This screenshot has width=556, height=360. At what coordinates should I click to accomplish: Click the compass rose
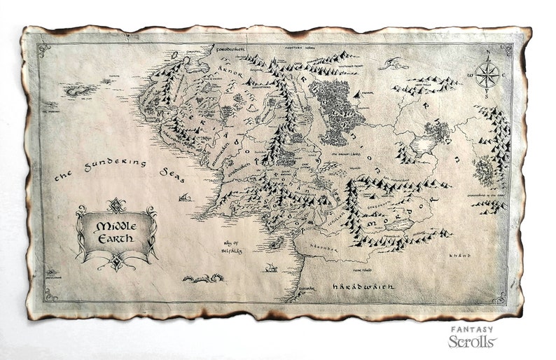click(487, 74)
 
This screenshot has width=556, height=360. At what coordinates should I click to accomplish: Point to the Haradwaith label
click(363, 286)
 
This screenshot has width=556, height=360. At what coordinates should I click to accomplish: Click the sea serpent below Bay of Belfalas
click(203, 279)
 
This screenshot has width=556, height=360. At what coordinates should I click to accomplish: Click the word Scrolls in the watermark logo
click(472, 341)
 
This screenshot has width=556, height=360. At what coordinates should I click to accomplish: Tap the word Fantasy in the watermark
click(472, 328)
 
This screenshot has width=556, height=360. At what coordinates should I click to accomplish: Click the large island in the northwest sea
click(78, 90)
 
